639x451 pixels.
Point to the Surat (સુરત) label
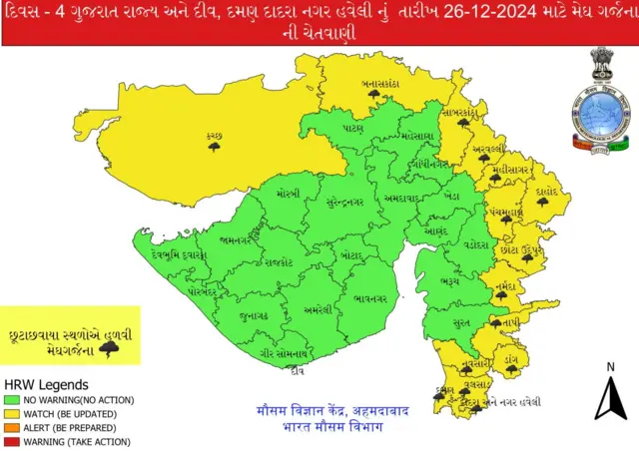coord(459,323)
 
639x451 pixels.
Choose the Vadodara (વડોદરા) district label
coord(474,244)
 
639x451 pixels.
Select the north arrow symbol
coord(609,396)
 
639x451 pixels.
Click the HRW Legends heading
coord(46,384)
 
